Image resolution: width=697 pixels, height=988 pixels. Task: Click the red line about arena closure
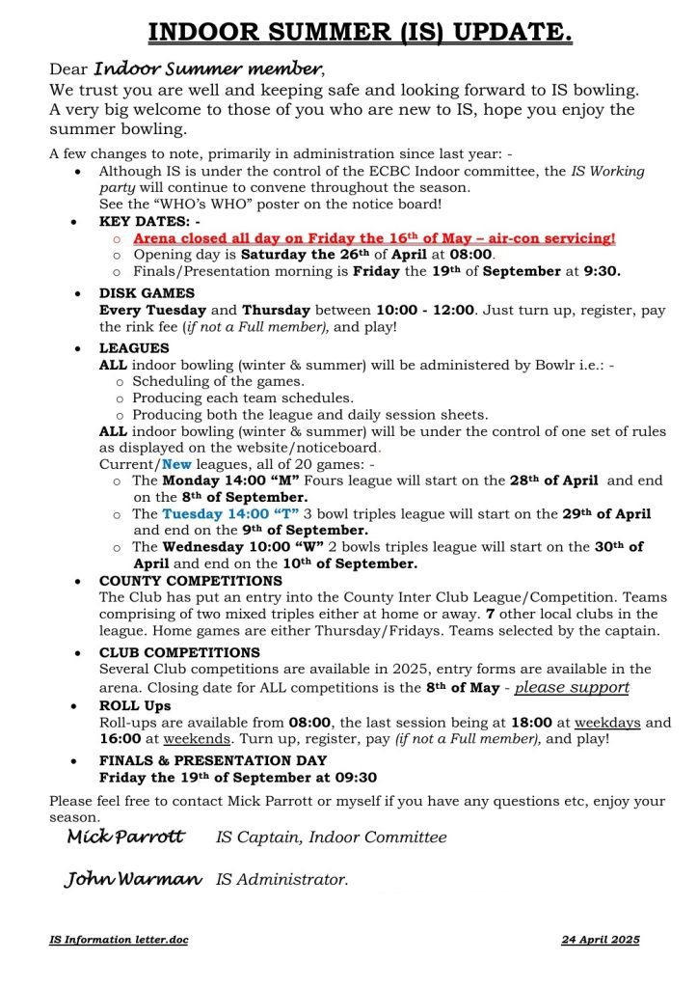[374, 237]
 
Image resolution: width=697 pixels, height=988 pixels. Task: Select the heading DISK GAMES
[147, 293]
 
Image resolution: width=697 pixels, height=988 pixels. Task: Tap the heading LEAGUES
[134, 348]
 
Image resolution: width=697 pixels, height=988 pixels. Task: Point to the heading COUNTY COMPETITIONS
[191, 581]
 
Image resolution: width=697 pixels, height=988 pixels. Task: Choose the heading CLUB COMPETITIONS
[179, 652]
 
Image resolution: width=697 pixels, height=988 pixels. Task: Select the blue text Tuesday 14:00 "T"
[230, 514]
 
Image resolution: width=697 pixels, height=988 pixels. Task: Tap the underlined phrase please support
[572, 687]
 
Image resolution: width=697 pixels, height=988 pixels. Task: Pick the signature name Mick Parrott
[125, 837]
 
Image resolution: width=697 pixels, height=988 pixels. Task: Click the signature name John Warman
[133, 879]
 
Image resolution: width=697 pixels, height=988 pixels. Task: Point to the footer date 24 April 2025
[600, 940]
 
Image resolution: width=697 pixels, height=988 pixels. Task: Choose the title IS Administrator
[281, 880]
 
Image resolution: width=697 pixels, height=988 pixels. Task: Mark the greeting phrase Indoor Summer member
[208, 69]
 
